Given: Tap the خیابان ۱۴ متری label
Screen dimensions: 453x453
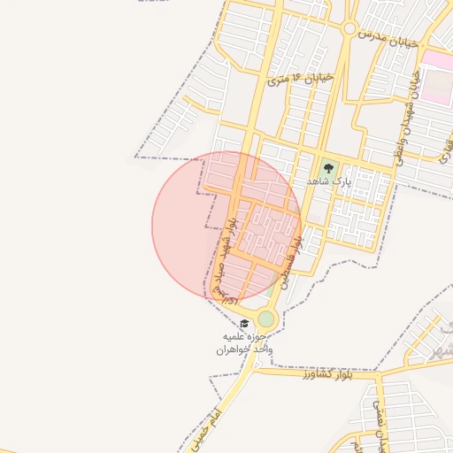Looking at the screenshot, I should click(300, 79).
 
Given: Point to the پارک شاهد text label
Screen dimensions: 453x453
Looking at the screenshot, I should click(329, 180).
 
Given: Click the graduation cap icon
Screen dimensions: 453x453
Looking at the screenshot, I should click(244, 323).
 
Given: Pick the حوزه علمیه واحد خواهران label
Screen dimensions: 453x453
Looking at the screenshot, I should click(247, 343).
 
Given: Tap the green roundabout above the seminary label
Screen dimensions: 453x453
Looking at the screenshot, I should click(265, 318).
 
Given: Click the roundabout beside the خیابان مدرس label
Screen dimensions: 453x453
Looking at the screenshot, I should click(350, 29).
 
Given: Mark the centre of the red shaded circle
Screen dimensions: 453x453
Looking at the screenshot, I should click(226, 226).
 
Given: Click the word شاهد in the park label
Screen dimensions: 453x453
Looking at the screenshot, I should click(319, 180).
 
